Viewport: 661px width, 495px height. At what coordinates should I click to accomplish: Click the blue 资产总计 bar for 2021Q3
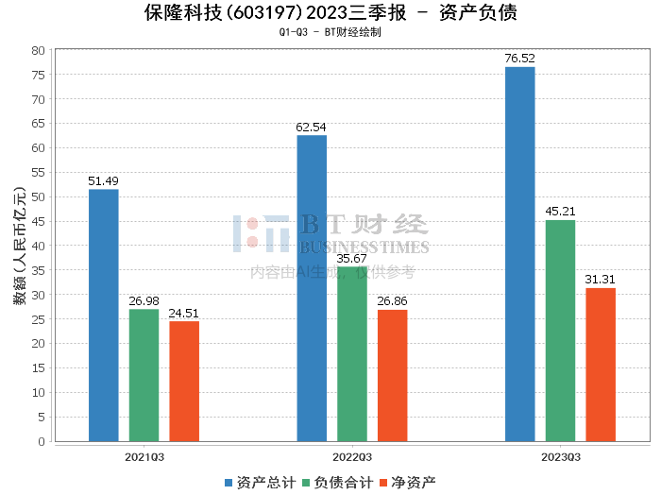pos(104,316)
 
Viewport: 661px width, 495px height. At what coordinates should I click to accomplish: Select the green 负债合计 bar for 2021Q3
pos(144,375)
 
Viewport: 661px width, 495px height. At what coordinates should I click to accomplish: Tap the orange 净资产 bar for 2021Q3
pos(184,382)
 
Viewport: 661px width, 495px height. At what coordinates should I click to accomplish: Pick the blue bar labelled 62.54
pos(312,288)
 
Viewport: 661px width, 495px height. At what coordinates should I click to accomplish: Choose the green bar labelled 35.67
pos(352,354)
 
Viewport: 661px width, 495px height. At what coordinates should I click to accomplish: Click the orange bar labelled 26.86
pos(393,376)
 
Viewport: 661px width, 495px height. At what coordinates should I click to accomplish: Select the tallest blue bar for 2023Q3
pos(520,254)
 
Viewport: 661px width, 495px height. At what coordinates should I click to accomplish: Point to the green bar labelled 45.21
pos(560,331)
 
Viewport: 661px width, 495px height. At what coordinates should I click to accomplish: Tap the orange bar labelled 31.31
pos(601,365)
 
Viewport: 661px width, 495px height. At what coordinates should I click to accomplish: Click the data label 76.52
pos(520,59)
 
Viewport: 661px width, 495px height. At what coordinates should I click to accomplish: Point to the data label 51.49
pos(104,181)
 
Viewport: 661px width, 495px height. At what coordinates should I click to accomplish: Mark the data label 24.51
pos(184,314)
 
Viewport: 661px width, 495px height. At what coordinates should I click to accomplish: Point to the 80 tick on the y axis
pos(38,50)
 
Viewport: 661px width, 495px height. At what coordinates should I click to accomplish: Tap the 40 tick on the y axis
pos(38,246)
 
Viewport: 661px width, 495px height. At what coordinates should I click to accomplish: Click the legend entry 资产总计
pos(260,483)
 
